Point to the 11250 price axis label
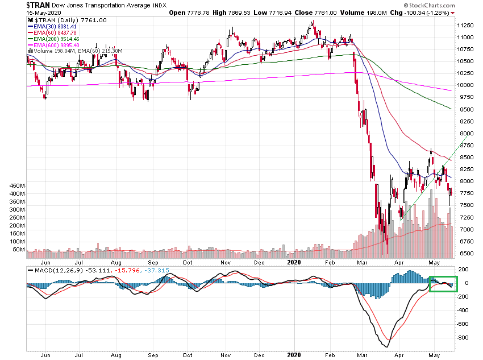(467, 26)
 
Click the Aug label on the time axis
(116, 264)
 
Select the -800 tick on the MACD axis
(464, 338)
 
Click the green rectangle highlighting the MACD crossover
(443, 283)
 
